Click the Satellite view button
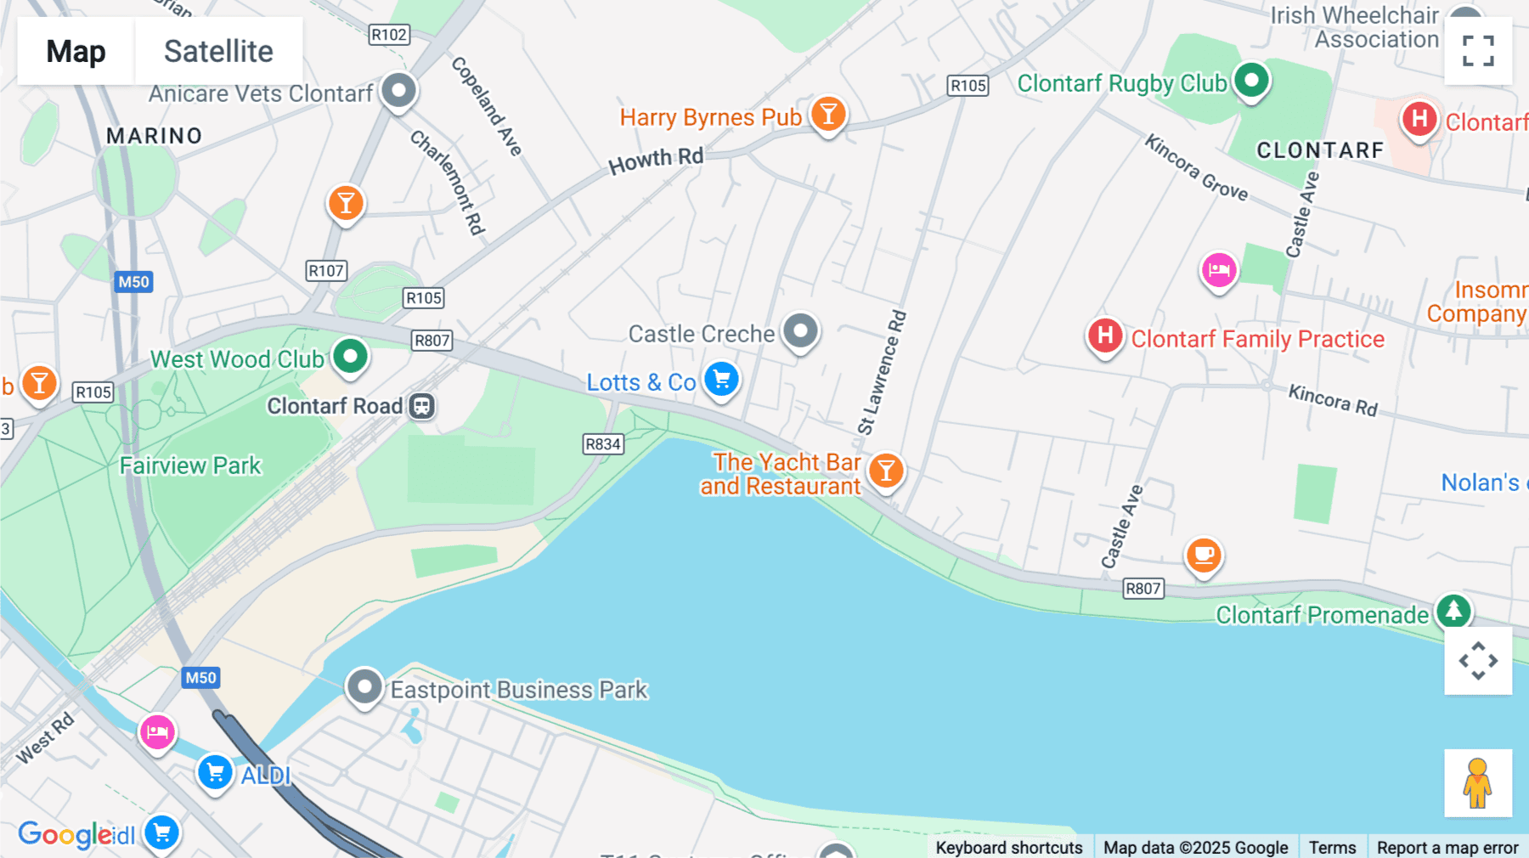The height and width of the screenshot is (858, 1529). [218, 52]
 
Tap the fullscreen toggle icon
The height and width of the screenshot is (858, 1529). [1478, 51]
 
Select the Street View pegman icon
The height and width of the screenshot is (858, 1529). [1478, 783]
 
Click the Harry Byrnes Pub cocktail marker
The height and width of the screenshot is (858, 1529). [828, 114]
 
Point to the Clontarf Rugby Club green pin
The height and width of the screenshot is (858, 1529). [1251, 81]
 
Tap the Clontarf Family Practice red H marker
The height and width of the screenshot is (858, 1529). [1105, 336]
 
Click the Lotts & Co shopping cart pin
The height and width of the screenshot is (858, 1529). [722, 380]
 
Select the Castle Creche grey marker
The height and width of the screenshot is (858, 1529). [800, 330]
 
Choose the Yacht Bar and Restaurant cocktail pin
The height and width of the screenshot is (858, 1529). [886, 471]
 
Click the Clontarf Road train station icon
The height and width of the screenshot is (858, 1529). [422, 406]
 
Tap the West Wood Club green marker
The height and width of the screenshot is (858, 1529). [350, 356]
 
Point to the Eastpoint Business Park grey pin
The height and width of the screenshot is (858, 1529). [365, 686]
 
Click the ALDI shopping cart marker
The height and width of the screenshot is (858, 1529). [216, 773]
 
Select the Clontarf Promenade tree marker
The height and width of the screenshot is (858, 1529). [1453, 611]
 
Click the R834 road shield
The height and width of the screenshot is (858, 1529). [603, 444]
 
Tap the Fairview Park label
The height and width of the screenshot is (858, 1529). [190, 466]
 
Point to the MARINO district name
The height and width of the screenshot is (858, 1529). [155, 136]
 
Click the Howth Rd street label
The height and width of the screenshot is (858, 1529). [656, 160]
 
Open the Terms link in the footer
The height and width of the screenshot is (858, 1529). [1332, 847]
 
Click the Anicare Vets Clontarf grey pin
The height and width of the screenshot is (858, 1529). [398, 90]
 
